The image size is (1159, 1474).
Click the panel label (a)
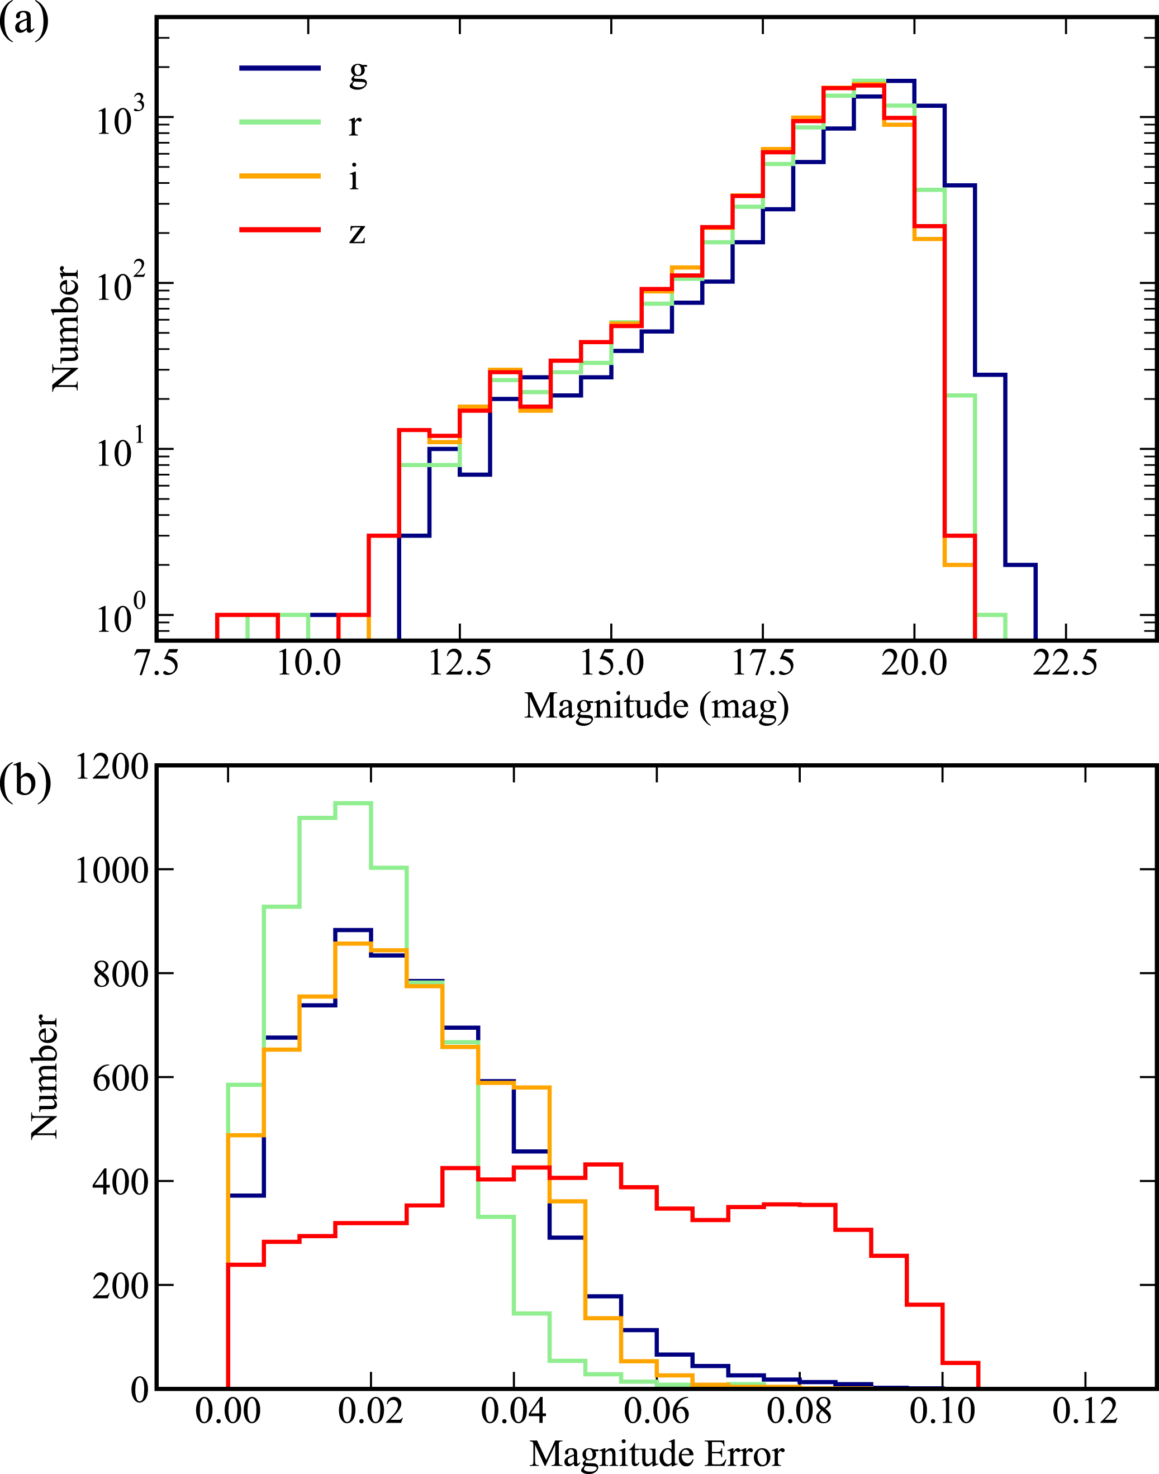[x=25, y=22]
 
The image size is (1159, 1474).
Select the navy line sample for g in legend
[x=279, y=68]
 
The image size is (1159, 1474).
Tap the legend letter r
[x=355, y=124]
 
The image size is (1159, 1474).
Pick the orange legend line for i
[x=279, y=177]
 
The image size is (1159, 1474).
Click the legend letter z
[x=357, y=232]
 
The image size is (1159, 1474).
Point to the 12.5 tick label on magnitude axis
[x=459, y=663]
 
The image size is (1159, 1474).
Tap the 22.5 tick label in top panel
[x=1065, y=663]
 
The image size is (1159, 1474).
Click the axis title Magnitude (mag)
[x=656, y=706]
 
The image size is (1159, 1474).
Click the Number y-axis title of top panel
[x=66, y=329]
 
